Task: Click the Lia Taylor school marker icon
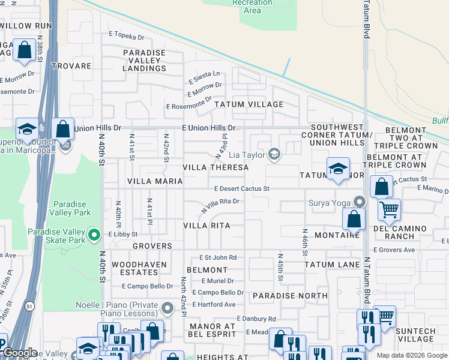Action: [x=274, y=155]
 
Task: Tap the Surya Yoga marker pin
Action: [x=360, y=202]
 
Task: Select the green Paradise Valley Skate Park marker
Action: [x=94, y=234]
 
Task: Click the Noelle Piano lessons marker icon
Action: [x=167, y=309]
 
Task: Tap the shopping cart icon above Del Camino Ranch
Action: [x=390, y=210]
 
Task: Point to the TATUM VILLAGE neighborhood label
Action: [x=249, y=104]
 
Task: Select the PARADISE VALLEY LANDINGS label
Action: [x=144, y=61]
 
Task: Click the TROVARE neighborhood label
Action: [x=71, y=66]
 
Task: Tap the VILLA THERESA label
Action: [x=215, y=168]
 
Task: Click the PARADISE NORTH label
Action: [x=290, y=296]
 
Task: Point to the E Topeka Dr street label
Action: [x=127, y=37]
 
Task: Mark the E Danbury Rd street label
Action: [x=256, y=319]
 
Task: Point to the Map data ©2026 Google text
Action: [x=411, y=355]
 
